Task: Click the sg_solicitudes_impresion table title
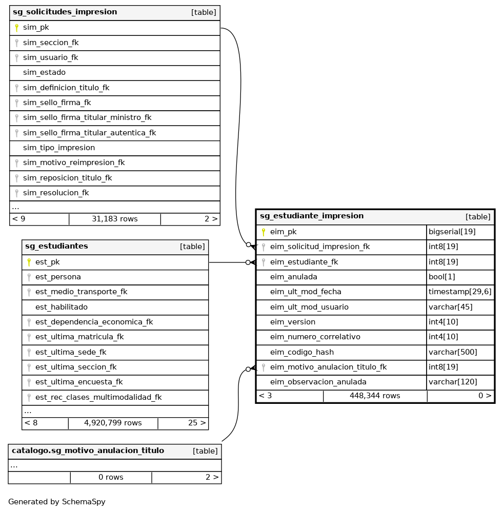click(65, 12)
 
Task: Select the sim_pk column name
click(36, 27)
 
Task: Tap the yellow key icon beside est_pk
click(29, 262)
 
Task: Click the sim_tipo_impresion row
click(59, 148)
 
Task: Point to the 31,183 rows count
click(114, 219)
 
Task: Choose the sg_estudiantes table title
click(56, 246)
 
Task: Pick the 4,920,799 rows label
click(113, 423)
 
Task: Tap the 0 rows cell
click(111, 477)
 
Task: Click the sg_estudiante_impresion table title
click(312, 216)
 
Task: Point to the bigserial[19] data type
click(452, 232)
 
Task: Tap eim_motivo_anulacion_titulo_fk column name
click(328, 367)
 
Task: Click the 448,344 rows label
click(375, 396)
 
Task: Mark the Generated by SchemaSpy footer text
click(57, 502)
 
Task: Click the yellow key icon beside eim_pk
click(264, 232)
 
